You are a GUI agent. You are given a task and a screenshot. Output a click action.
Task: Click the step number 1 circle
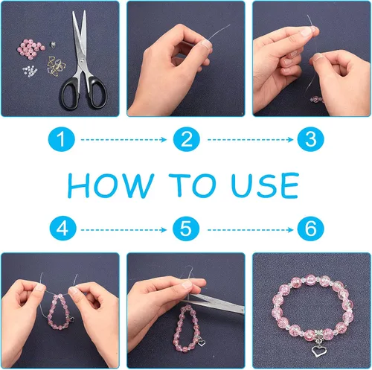tap(62, 139)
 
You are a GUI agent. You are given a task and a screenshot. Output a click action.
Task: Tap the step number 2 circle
tap(187, 139)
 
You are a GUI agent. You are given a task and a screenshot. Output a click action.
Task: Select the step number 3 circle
tap(311, 139)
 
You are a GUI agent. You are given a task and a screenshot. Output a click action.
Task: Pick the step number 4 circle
tap(62, 229)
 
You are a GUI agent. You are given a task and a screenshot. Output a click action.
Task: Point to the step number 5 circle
tap(186, 229)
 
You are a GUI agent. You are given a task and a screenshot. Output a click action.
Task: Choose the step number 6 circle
tap(311, 229)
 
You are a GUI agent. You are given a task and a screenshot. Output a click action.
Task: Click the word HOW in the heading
tap(111, 185)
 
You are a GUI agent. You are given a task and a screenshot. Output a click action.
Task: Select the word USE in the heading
tap(265, 185)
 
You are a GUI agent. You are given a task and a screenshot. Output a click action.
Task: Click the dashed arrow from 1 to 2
tap(124, 140)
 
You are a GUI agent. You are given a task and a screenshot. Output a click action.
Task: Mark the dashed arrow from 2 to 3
tap(250, 140)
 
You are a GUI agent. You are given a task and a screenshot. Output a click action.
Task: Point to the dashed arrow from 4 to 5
tap(124, 230)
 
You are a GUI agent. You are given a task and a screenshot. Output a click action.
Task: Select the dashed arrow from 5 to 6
tap(250, 230)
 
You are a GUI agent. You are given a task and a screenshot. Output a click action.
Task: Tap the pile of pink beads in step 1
tap(31, 49)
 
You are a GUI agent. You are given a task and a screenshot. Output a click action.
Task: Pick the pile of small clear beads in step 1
tap(30, 71)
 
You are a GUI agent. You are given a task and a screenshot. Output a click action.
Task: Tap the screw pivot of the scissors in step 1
tap(82, 60)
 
